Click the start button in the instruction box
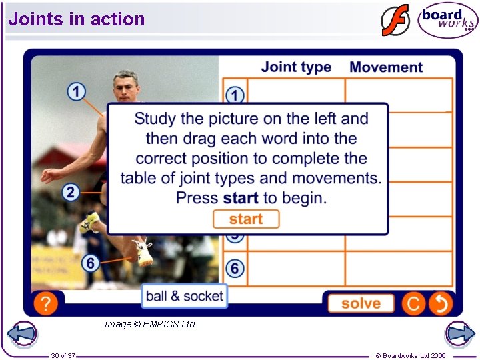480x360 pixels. (245, 219)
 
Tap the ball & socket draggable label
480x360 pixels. (184, 296)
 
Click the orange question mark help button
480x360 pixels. (45, 304)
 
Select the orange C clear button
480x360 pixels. (413, 303)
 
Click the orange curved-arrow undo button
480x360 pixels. (441, 303)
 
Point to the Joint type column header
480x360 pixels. (296, 67)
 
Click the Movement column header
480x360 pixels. (386, 67)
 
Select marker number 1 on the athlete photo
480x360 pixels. (77, 91)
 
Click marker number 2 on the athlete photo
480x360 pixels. (71, 193)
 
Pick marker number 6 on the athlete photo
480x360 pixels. (91, 263)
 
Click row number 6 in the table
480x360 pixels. (235, 269)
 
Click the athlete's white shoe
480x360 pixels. (143, 253)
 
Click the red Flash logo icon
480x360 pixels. (395, 20)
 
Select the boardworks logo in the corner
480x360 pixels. (447, 20)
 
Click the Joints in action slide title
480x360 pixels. (77, 19)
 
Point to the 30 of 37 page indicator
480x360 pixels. (63, 355)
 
